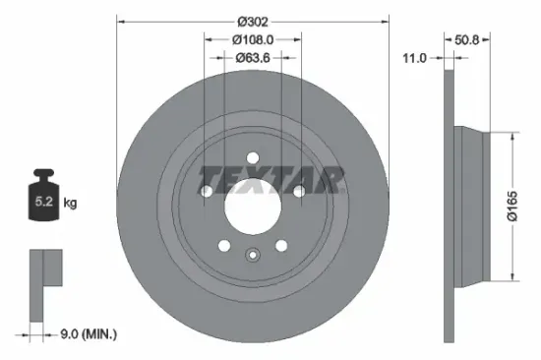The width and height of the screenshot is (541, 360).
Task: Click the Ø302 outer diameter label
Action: pos(253,20)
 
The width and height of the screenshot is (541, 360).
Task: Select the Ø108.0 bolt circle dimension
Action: pos(253,39)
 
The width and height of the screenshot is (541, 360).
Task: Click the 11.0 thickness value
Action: pos(416,58)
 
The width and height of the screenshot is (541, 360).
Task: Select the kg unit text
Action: pos(70,203)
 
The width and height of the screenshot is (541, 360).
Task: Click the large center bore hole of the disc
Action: pos(253,205)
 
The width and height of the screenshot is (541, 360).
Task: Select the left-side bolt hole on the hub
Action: pos(207,190)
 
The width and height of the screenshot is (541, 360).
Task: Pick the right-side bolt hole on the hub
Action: pos(299,190)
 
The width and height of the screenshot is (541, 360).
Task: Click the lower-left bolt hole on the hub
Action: pos(224,245)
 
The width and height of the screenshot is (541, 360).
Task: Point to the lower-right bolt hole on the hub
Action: pos(281,245)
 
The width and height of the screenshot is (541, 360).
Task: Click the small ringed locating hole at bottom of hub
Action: pos(253,259)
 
